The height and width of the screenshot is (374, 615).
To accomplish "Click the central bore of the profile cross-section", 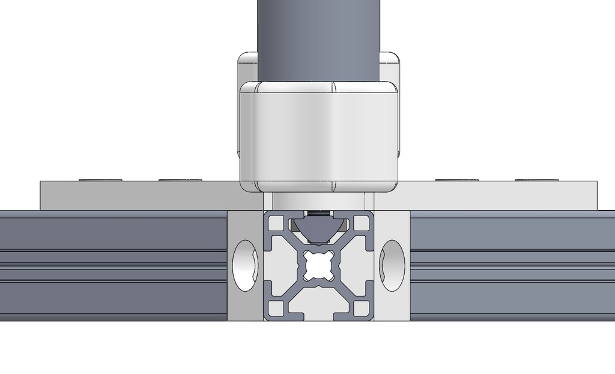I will (318, 265).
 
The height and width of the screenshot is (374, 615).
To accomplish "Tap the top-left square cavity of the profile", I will (275, 223).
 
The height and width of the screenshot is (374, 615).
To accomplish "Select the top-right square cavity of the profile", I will (362, 223).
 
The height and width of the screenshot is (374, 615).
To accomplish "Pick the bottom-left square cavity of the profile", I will (275, 308).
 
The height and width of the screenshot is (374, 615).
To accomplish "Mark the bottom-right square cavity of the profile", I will (362, 308).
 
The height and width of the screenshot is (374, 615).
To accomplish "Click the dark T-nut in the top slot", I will (318, 229).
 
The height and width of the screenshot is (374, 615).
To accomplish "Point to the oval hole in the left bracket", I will (245, 265).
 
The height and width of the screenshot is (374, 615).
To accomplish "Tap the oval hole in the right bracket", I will (392, 265).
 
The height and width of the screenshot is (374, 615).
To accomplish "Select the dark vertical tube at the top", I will (318, 36).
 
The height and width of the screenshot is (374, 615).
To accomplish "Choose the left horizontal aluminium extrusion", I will (114, 264).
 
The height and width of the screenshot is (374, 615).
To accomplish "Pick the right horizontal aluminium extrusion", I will (510, 264).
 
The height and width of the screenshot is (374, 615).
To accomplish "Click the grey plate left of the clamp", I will (138, 196).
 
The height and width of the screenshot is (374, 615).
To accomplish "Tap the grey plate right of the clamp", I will (498, 196).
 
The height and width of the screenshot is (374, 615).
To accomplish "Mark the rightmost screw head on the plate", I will (536, 179).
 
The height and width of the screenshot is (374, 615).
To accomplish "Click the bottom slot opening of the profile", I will (318, 313).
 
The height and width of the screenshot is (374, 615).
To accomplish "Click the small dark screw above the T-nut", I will (318, 213).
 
